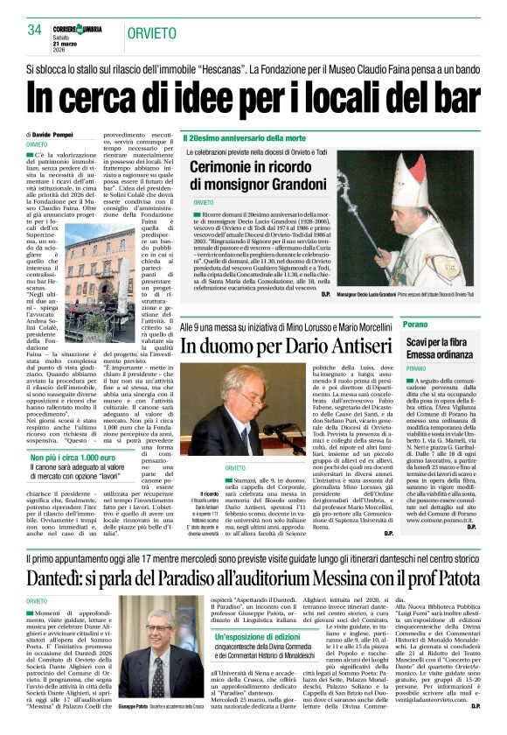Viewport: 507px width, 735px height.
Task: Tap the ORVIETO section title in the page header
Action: pyautogui.click(x=154, y=33)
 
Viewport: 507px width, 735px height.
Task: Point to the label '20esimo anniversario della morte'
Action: pyautogui.click(x=249, y=138)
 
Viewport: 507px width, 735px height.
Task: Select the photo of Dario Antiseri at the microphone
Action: pyautogui.click(x=257, y=411)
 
